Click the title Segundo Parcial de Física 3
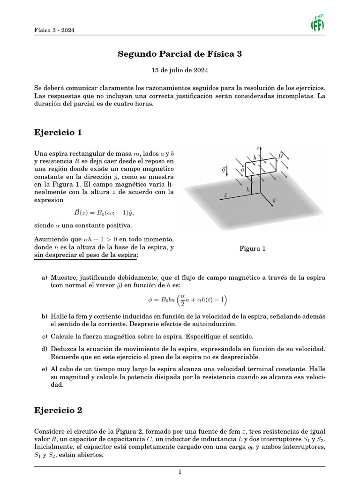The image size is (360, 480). [x=180, y=54]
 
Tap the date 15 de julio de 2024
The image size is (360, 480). [x=180, y=70]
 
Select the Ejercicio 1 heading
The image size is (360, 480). [x=58, y=133]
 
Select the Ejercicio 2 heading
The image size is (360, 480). [x=58, y=410]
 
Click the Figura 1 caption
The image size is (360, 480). [x=253, y=248]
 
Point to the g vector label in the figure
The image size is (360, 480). [x=224, y=169]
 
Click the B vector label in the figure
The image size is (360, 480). [x=280, y=156]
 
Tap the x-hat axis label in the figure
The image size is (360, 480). [x=226, y=194]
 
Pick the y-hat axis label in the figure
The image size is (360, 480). [x=274, y=200]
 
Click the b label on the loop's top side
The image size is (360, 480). [x=255, y=158]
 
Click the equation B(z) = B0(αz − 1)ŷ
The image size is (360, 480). [x=101, y=212]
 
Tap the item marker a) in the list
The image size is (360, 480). [x=45, y=277]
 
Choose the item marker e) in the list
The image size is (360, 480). [x=45, y=369]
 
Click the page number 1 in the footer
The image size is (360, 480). [x=180, y=472]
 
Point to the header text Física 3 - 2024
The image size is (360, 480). [x=54, y=30]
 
